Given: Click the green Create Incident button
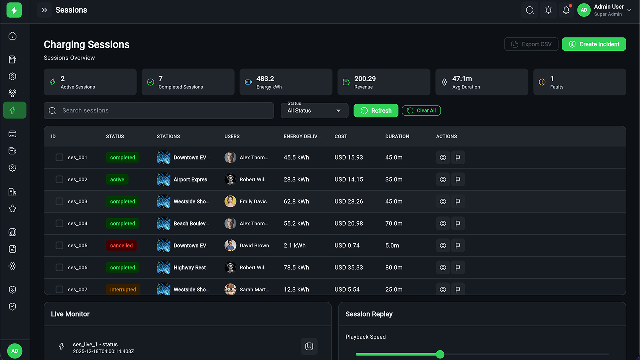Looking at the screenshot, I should pyautogui.click(x=594, y=44).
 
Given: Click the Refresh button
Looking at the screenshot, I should pyautogui.click(x=376, y=111).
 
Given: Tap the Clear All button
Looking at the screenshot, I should pyautogui.click(x=421, y=111).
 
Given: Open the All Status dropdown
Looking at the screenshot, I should pyautogui.click(x=314, y=111).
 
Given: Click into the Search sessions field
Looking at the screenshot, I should pyautogui.click(x=159, y=111).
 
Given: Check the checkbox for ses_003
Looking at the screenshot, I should pyautogui.click(x=59, y=201).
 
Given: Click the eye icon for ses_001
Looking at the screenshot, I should pyautogui.click(x=443, y=158).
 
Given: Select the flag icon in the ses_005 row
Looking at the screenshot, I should pyautogui.click(x=458, y=246).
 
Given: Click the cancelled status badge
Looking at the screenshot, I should pyautogui.click(x=122, y=246).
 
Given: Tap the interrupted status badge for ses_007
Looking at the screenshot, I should pyautogui.click(x=123, y=290).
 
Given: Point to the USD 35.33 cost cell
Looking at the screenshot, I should pyautogui.click(x=349, y=268).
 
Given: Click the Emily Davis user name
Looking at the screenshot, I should pyautogui.click(x=253, y=202).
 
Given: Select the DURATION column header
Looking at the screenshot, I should pyautogui.click(x=397, y=136).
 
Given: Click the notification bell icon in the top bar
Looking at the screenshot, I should pyautogui.click(x=566, y=10).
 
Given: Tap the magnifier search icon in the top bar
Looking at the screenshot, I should pyautogui.click(x=530, y=10).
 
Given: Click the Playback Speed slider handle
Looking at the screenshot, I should pyautogui.click(x=440, y=354).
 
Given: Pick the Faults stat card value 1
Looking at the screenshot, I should pyautogui.click(x=552, y=79).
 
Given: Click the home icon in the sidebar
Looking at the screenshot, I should pyautogui.click(x=13, y=36).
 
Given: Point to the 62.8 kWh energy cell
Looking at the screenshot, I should pyautogui.click(x=296, y=202).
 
